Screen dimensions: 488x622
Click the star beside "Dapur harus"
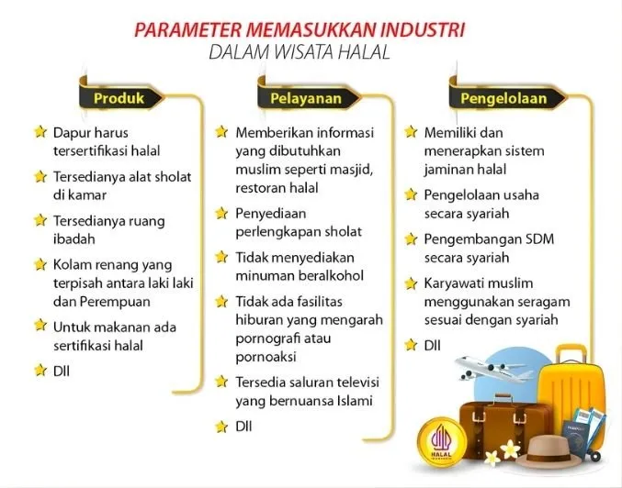click(40, 133)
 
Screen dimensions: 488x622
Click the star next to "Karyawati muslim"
click(411, 283)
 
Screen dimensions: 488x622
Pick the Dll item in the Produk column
click(62, 371)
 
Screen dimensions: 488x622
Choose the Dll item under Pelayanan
click(244, 427)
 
